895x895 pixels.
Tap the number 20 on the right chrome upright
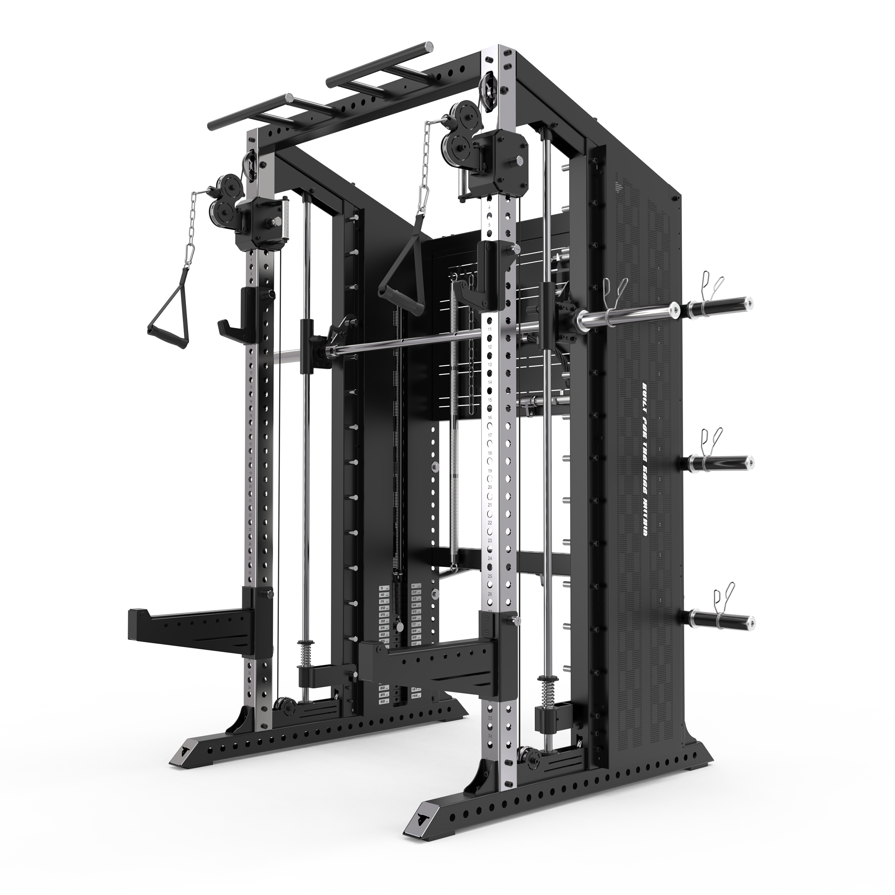(x=490, y=487)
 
